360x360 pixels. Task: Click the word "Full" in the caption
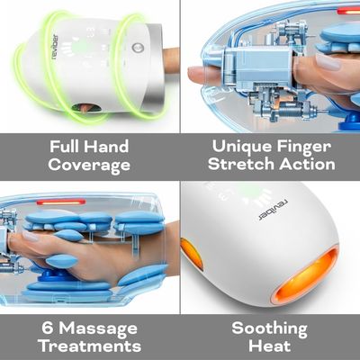click(64, 147)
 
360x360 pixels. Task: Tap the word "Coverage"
click(89, 166)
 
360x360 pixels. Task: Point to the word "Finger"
click(303, 148)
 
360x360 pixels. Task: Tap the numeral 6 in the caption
click(48, 328)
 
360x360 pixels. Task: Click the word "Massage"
click(98, 329)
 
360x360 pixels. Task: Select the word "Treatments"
click(90, 346)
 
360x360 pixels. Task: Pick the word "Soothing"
click(269, 329)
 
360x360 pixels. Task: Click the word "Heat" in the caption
click(269, 346)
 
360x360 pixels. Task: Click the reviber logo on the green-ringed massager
click(55, 47)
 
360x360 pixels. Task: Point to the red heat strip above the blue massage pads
click(61, 202)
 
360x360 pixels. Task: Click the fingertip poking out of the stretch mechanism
click(196, 76)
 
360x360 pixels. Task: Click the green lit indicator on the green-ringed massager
click(80, 47)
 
